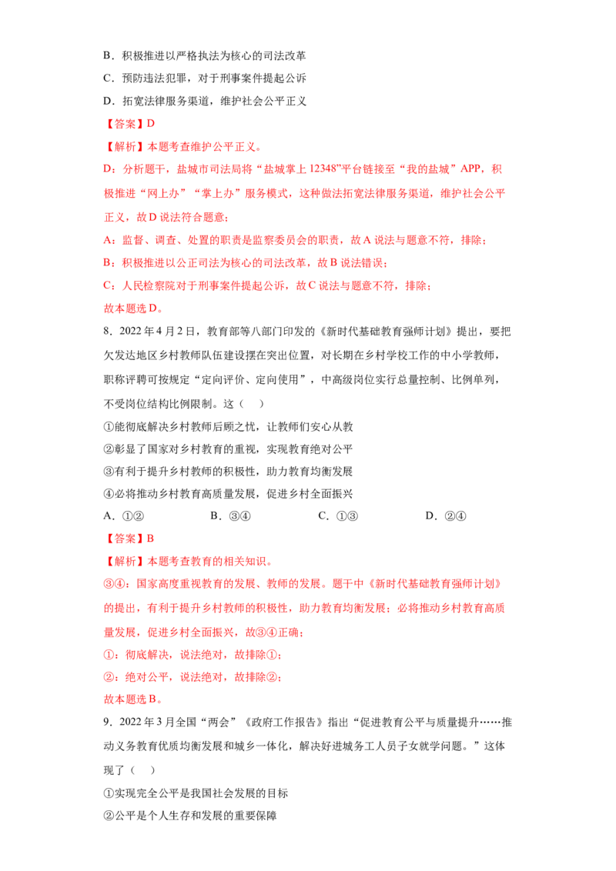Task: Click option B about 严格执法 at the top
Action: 205,55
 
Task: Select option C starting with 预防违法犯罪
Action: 205,78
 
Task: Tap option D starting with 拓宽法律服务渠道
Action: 205,101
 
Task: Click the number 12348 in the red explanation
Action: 323,169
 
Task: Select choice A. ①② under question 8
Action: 124,516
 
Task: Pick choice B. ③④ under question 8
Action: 231,516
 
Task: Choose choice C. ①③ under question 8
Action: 338,516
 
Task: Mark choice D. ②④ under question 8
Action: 446,516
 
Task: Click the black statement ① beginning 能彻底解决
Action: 229,426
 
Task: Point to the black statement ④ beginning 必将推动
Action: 228,494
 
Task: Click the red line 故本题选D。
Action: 133,309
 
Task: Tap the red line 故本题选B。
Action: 133,699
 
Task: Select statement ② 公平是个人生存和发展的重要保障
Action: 190,816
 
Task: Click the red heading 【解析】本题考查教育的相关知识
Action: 189,561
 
